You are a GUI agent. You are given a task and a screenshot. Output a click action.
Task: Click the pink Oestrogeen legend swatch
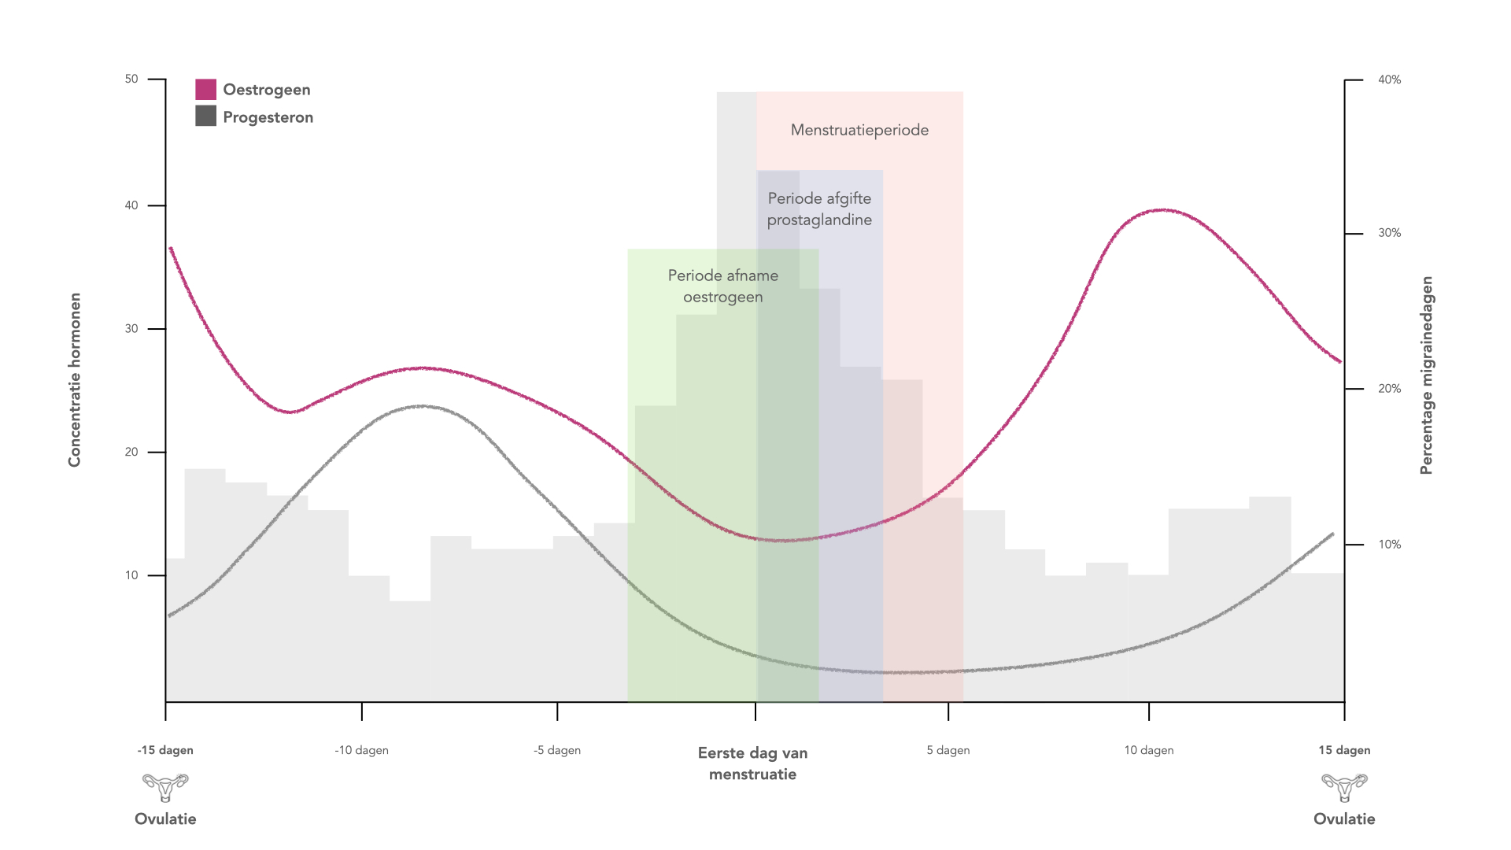click(205, 89)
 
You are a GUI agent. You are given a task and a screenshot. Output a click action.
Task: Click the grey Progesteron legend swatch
click(205, 116)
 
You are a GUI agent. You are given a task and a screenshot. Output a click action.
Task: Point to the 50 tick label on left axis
click(131, 79)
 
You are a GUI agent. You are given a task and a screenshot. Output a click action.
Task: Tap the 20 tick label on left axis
click(131, 452)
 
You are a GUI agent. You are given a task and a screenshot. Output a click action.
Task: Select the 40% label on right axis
click(1389, 79)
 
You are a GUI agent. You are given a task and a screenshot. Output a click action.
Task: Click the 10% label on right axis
click(1389, 545)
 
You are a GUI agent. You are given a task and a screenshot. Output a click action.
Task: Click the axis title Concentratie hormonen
click(75, 380)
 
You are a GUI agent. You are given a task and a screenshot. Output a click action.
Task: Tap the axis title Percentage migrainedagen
click(1427, 375)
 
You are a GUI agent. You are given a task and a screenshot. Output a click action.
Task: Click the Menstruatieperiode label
click(859, 130)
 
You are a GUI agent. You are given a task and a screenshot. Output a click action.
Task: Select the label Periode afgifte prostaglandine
click(819, 209)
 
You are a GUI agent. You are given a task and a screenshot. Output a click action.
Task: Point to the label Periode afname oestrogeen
click(723, 286)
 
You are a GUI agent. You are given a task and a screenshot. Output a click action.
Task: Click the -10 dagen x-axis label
click(361, 750)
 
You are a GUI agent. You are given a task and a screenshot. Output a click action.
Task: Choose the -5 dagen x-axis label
click(557, 750)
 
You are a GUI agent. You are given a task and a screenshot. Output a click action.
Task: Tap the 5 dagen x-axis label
click(948, 750)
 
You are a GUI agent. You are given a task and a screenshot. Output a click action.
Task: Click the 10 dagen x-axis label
click(1149, 750)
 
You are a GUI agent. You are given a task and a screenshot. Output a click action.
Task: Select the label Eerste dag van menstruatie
click(753, 763)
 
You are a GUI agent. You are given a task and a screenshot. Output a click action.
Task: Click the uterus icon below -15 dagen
click(165, 787)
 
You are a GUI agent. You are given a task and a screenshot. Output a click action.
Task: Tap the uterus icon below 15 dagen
click(1344, 787)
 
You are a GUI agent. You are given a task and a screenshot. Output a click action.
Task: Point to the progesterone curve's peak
click(423, 406)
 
